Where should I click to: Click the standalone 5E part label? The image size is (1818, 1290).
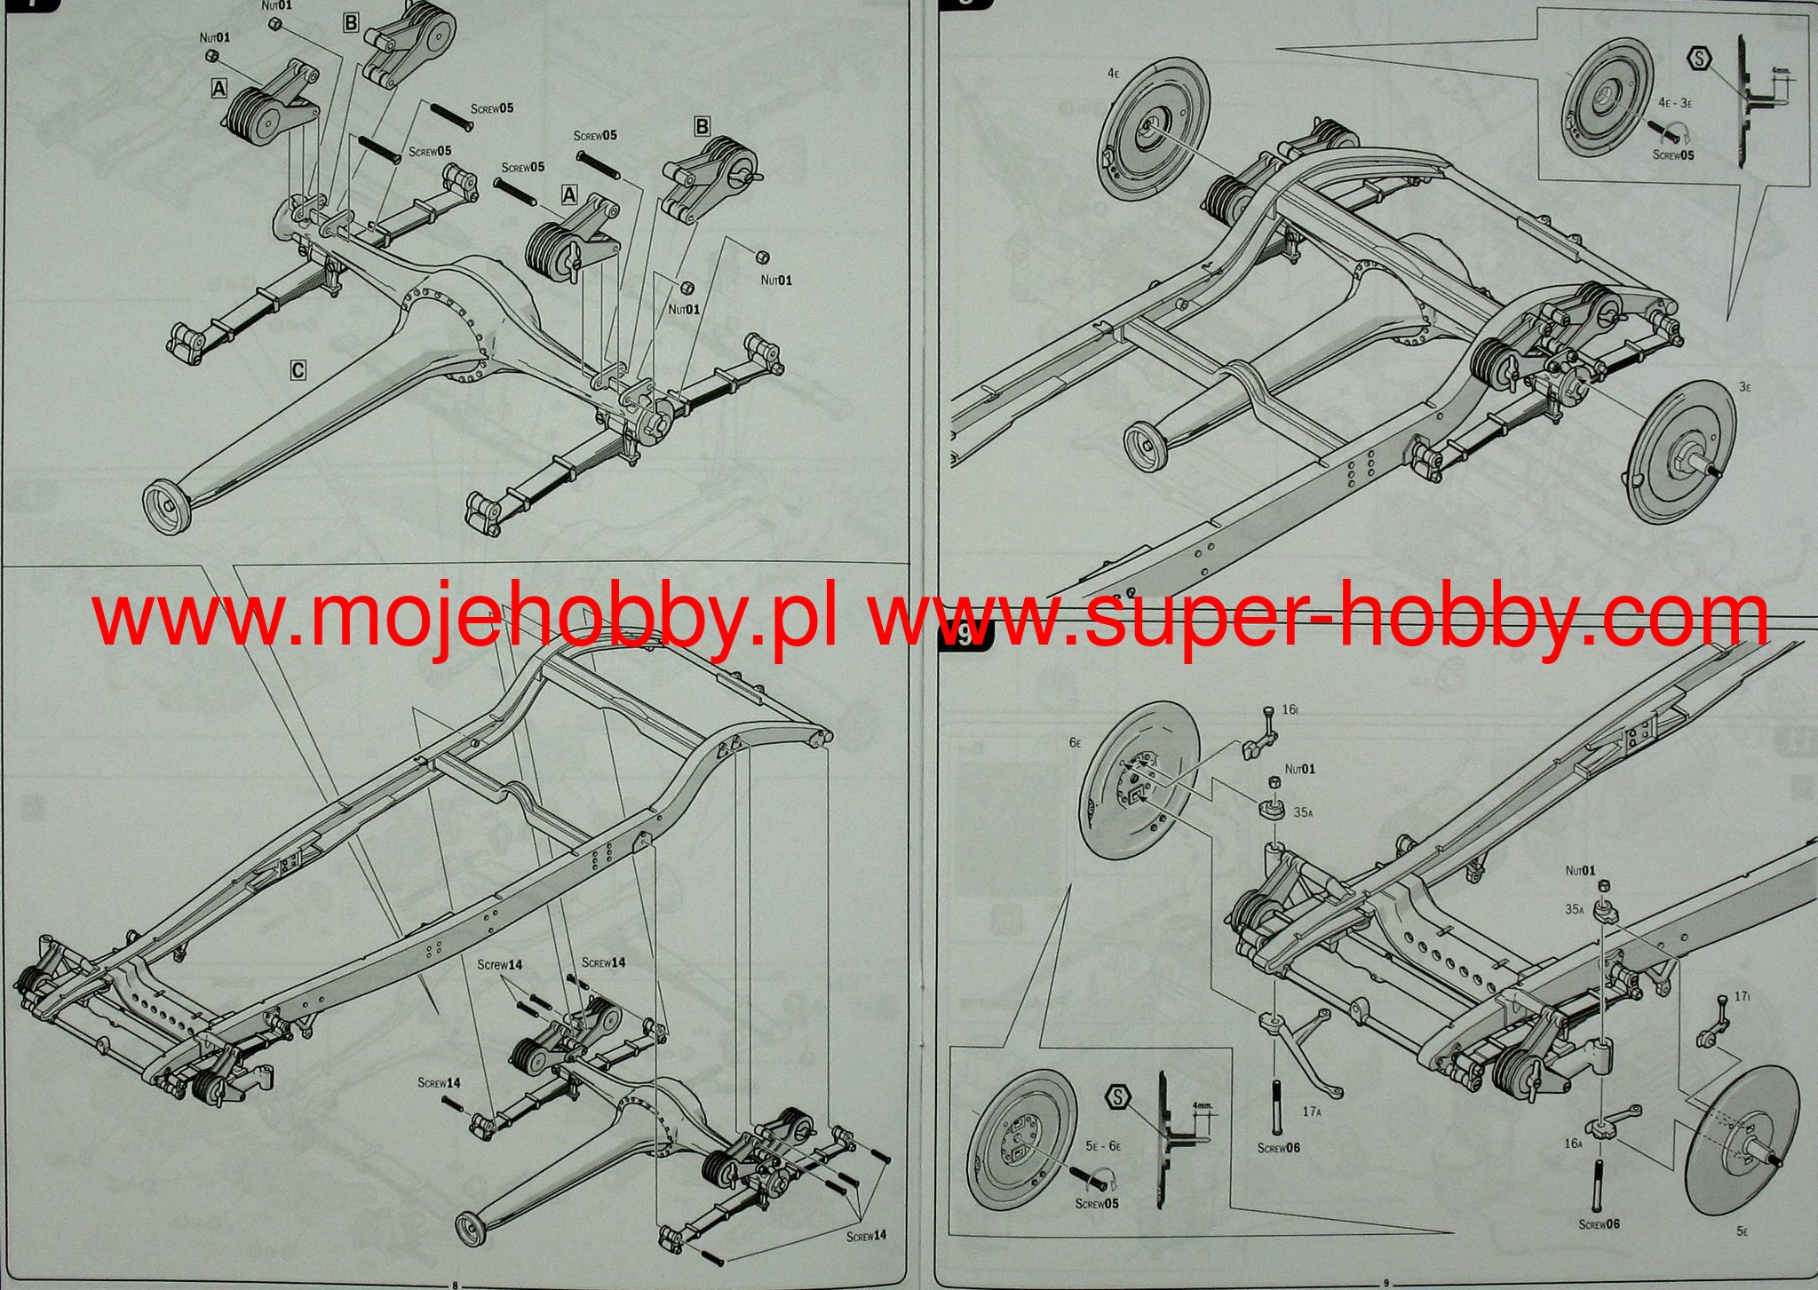(1743, 1232)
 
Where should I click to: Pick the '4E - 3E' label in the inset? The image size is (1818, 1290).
(1675, 103)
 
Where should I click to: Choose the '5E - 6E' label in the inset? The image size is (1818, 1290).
(1103, 1147)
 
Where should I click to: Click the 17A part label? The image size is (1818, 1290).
(1312, 1111)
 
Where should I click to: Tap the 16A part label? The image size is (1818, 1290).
(1573, 1144)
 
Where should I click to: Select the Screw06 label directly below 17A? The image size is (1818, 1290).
(1278, 1148)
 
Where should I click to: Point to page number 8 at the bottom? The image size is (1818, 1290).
(455, 1284)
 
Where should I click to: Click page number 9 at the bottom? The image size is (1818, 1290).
(1385, 1284)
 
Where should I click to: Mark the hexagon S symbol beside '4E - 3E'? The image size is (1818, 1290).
(1699, 59)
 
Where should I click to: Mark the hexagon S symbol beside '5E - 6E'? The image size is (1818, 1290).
(1118, 1098)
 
